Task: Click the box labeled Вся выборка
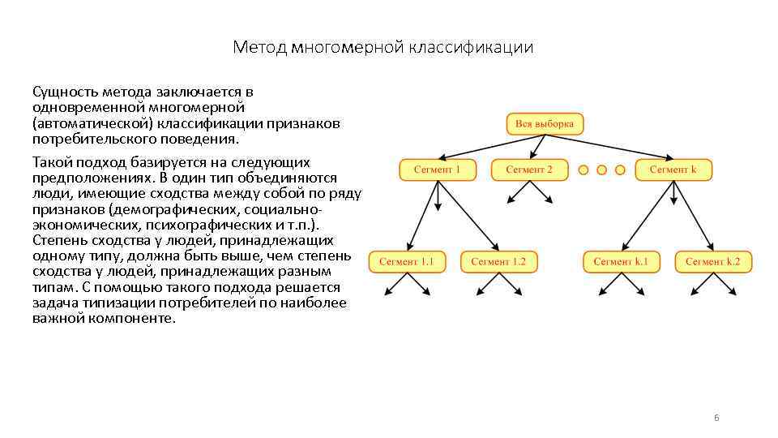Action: (545, 124)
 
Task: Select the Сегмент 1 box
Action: (437, 170)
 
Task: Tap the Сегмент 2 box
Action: (529, 170)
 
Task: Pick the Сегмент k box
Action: (673, 170)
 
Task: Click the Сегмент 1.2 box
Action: (498, 261)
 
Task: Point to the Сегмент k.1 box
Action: (621, 261)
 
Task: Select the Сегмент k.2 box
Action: (718, 261)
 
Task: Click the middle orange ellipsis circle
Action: (601, 170)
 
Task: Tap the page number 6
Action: (716, 418)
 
